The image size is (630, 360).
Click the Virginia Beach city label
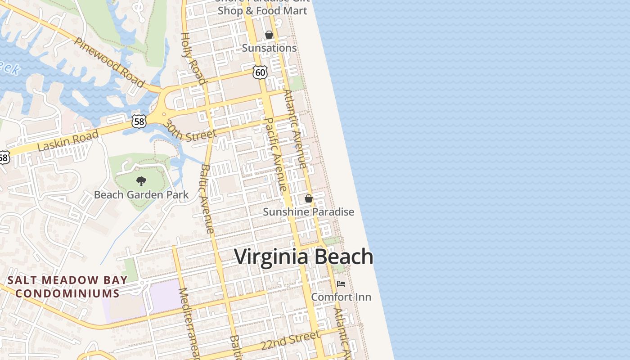[304, 257]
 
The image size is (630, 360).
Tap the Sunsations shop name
[269, 48]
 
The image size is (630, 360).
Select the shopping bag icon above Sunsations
[269, 35]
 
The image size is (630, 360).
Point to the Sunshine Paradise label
[308, 211]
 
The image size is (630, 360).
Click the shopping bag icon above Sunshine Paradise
[309, 198]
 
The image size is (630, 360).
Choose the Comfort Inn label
[341, 297]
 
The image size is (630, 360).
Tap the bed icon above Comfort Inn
[341, 284]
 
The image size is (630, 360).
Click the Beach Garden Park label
[141, 195]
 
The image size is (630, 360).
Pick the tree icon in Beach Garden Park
[141, 181]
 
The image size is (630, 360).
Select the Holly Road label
[193, 58]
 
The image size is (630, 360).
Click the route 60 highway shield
[260, 72]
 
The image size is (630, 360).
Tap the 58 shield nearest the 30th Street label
[139, 121]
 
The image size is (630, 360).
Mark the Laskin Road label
[68, 141]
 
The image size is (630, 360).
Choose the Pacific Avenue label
[276, 154]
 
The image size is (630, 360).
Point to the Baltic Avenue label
[207, 198]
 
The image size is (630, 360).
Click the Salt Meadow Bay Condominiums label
[67, 287]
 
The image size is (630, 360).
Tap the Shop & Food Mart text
[263, 11]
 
